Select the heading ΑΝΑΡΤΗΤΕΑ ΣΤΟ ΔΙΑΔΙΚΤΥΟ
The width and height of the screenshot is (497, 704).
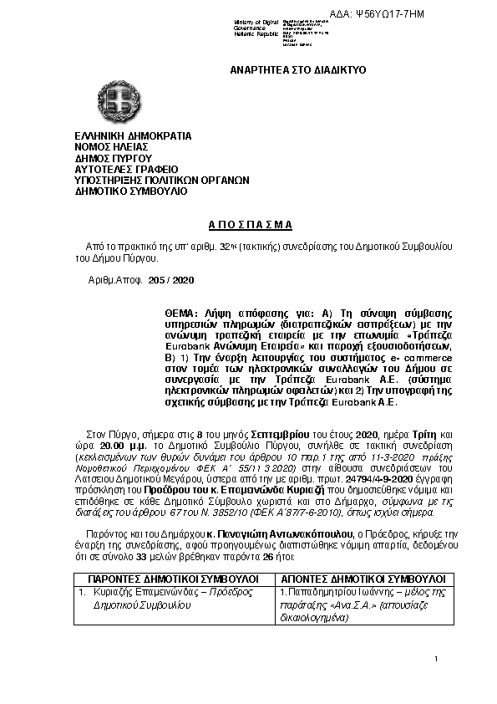coord(297,69)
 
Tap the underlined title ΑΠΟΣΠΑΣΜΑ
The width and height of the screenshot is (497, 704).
coord(248,224)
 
